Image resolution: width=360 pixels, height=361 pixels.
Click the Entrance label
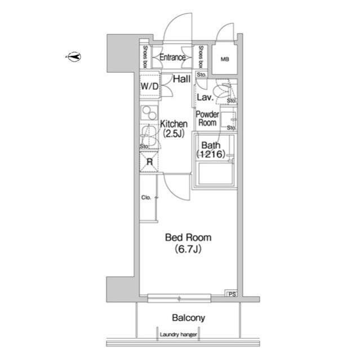click(172, 57)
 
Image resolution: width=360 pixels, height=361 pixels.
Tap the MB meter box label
click(225, 59)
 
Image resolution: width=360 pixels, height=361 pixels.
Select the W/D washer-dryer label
click(150, 86)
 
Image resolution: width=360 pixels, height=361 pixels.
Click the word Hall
click(181, 79)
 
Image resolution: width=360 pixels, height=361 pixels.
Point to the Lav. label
click(205, 98)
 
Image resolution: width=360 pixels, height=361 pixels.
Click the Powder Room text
click(207, 118)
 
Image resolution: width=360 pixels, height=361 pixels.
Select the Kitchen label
click(174, 124)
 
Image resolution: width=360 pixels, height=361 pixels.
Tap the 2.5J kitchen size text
click(174, 133)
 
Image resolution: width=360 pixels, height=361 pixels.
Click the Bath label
click(211, 146)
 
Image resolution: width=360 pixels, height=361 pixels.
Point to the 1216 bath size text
click(211, 154)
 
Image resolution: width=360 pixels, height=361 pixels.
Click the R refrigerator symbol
click(149, 162)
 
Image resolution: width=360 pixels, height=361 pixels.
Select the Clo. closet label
click(146, 197)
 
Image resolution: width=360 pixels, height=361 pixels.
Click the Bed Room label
click(188, 237)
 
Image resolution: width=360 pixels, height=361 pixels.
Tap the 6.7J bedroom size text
click(188, 249)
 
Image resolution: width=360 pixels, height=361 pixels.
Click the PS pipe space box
click(232, 293)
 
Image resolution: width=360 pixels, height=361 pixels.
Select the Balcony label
click(189, 318)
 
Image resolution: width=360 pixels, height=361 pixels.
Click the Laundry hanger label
click(179, 334)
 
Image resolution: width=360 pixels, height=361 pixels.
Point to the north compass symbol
click(74, 56)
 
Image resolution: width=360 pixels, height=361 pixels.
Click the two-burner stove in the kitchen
click(149, 113)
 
